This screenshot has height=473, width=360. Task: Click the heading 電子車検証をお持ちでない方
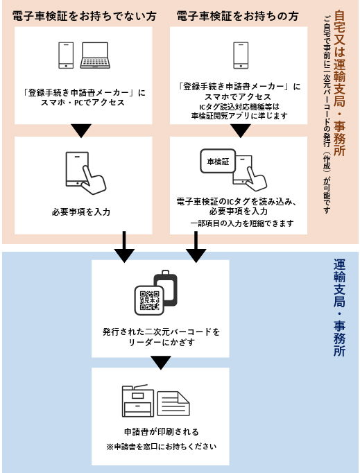point(84,16)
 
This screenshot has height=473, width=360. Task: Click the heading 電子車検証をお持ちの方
point(237,16)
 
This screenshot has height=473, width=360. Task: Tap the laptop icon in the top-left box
point(95,55)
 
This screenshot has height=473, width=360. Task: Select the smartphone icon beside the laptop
point(66,55)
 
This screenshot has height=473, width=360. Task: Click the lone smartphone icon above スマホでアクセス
point(241,55)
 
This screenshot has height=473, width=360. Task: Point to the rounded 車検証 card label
point(218,162)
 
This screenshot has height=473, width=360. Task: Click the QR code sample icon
point(149,300)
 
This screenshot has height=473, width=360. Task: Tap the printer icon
point(138,401)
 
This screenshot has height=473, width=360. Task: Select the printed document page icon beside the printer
point(173,404)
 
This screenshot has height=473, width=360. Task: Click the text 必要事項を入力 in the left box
point(81,212)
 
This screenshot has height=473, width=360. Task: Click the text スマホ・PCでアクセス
point(83,103)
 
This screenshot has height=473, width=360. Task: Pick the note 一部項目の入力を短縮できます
point(242,223)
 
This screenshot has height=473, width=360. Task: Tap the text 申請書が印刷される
point(162,431)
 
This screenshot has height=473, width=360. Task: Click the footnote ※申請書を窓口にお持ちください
point(162,447)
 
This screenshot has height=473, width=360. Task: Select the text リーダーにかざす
point(162,343)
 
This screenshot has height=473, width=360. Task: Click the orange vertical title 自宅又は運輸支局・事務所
point(339,83)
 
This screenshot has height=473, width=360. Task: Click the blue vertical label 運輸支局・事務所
point(339,308)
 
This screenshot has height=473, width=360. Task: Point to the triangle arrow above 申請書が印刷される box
point(160,362)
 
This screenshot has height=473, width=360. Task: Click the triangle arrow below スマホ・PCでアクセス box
point(81,130)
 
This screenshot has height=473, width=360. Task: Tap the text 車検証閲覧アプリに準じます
point(239,116)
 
